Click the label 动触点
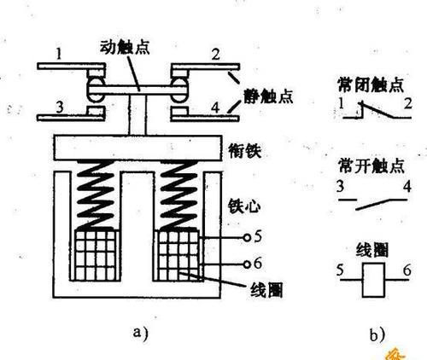coord(125,48)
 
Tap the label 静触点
coord(268,96)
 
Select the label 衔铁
coord(245,151)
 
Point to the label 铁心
coord(244,206)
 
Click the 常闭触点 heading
coord(371,84)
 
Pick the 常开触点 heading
coord(371,165)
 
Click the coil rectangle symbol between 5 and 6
coord(373,280)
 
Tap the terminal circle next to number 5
coord(247,237)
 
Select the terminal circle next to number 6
coord(247,264)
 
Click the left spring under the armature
coord(96,195)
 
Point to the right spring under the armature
coord(178,195)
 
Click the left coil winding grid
coord(97,255)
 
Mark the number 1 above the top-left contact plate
coord(59,54)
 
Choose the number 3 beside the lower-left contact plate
coord(60,107)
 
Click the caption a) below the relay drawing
coord(141,333)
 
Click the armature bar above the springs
coord(137,148)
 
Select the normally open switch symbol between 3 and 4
coord(373,204)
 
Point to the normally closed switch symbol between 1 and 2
coord(377,110)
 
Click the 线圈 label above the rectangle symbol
coord(372,250)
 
